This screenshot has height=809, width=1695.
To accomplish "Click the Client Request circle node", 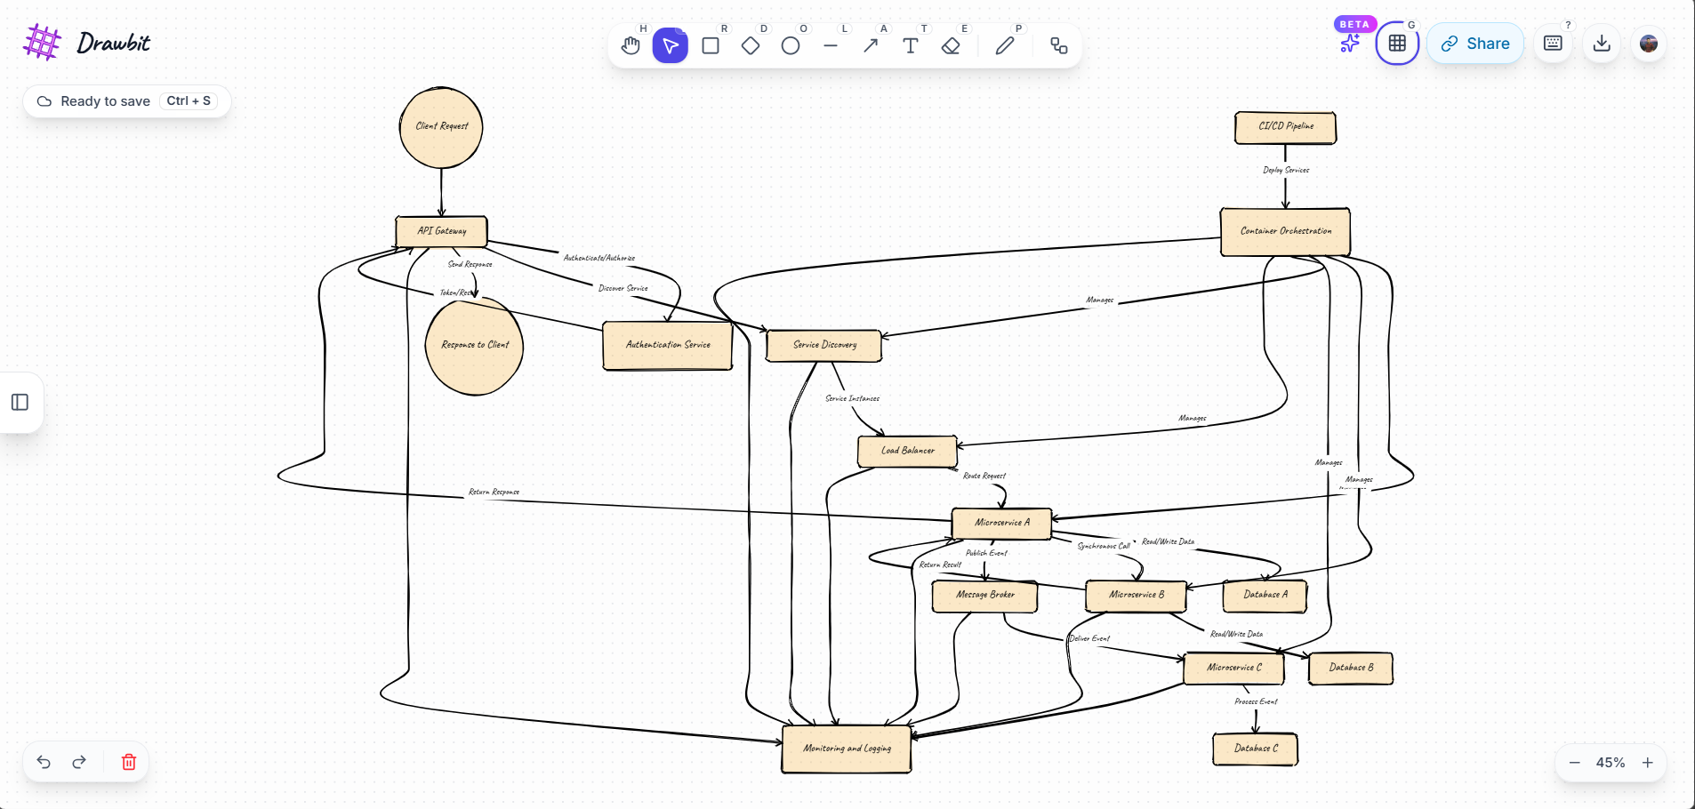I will pos(441,127).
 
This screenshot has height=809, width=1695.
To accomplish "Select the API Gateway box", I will pos(441,231).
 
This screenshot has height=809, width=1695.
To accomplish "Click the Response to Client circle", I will pos(475,345).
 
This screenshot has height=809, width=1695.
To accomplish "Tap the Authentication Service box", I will pos(667,345).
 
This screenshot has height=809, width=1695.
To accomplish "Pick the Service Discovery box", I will pos(824,345).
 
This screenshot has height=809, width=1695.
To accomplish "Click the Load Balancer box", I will pos(907,451).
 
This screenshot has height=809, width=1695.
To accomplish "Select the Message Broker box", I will pos(984,595).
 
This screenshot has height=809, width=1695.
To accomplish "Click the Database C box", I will pos(1255,749).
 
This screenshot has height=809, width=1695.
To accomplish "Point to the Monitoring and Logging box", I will pos(847,749).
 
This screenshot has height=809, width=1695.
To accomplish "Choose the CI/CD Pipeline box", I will pos(1285,127).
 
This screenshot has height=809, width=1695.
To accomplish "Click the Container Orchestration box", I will pos(1285,231).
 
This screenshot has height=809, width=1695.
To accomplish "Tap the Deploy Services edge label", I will pos(1285,170).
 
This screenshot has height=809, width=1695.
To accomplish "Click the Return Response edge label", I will pos(494,492).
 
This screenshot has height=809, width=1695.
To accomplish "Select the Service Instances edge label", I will pos(852,398).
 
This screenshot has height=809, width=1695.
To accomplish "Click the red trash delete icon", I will pos(129,762).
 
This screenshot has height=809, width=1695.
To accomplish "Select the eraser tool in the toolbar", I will pos(951,45).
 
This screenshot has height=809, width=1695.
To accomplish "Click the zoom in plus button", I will pos(1647,763).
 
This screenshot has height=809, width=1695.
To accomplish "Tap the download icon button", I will pos(1602,44).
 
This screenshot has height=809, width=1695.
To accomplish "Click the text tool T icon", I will pos(910,45).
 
